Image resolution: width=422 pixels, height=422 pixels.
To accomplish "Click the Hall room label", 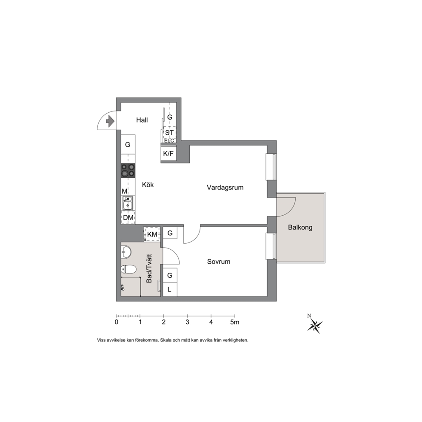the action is [142, 120].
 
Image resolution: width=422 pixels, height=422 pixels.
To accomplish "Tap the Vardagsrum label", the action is [225, 188].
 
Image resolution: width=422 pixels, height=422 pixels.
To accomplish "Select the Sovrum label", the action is [219, 262].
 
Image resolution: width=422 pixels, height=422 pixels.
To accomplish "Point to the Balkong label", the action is [300, 228].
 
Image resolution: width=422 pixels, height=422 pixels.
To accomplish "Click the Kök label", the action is [148, 185].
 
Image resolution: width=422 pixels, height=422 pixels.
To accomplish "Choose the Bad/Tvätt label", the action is [149, 268].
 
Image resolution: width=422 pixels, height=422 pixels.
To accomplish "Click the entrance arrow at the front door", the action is [110, 121].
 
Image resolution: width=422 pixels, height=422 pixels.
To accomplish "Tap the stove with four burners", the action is [128, 171].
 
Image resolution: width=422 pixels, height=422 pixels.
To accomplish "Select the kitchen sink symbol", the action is [128, 203].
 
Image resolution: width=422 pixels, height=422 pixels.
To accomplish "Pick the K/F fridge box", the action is [168, 154].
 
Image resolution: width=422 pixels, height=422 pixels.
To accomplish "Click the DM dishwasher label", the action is [128, 217].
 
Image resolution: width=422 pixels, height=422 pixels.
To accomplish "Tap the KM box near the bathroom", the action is [152, 234].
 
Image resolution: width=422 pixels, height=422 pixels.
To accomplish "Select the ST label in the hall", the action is [169, 133].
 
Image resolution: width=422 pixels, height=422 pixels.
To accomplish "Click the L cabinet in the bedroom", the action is [170, 289].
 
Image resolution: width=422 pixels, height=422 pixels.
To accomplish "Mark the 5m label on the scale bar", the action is [235, 322].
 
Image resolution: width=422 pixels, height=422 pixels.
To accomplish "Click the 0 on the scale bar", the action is [116, 322].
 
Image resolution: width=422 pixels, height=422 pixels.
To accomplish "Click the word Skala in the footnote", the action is [166, 340].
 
